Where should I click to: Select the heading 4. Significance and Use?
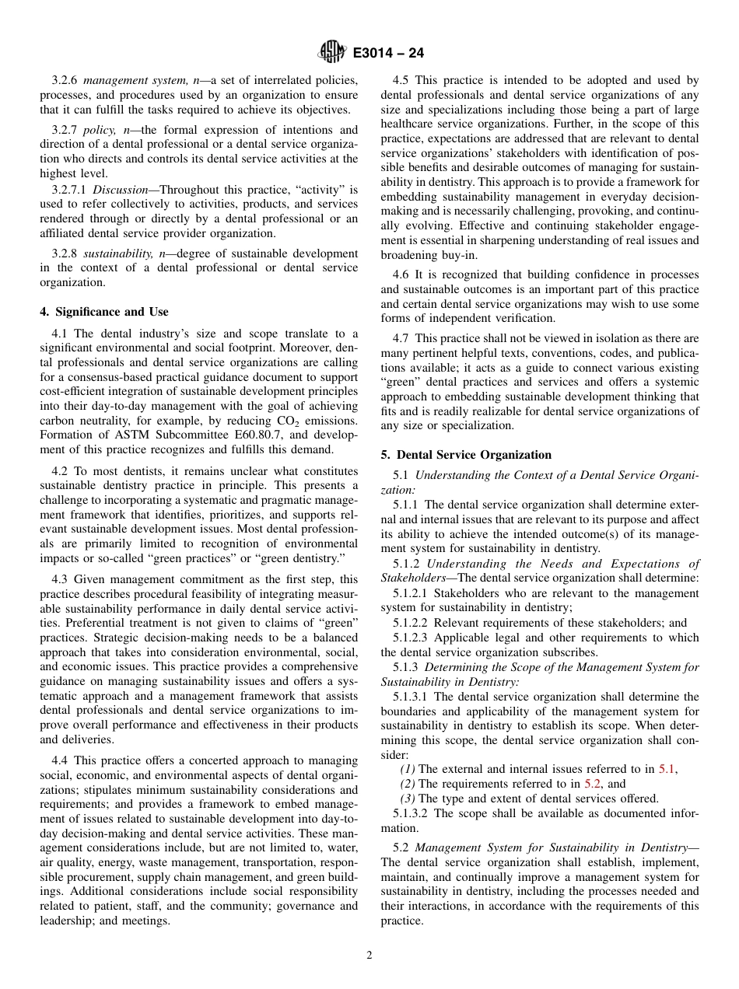103,312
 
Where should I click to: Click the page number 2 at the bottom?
369,956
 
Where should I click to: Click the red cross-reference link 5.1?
667,769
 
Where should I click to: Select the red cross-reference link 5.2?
593,784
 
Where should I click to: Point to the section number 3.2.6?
65,80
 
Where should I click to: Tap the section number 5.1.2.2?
411,623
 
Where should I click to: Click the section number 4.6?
401,274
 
